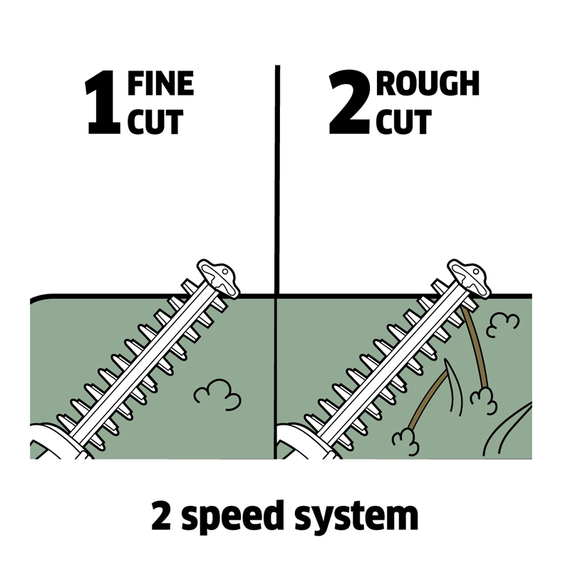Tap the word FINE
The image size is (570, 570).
pos(160,84)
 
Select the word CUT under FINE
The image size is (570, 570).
pos(155,122)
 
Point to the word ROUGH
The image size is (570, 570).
pos(427,84)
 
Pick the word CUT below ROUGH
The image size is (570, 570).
pos(404,122)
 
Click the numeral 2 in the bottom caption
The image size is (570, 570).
pos(162,516)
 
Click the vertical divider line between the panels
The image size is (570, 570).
pos(276,178)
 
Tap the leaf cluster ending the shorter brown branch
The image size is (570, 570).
pos(406,439)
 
